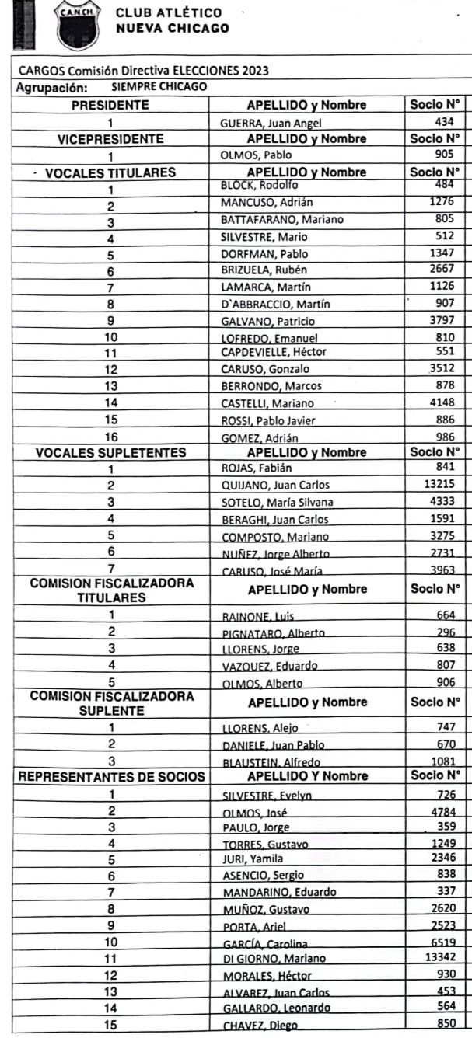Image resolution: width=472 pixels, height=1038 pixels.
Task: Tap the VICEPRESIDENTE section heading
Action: click(111, 139)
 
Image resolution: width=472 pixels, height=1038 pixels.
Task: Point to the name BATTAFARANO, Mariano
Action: click(282, 220)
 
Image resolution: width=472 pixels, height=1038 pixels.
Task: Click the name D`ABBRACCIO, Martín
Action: click(275, 304)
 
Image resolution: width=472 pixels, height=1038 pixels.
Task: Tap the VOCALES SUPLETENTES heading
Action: click(110, 452)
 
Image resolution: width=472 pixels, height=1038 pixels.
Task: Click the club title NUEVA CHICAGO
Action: click(172, 28)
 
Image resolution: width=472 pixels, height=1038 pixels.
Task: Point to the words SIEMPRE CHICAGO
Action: click(159, 86)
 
